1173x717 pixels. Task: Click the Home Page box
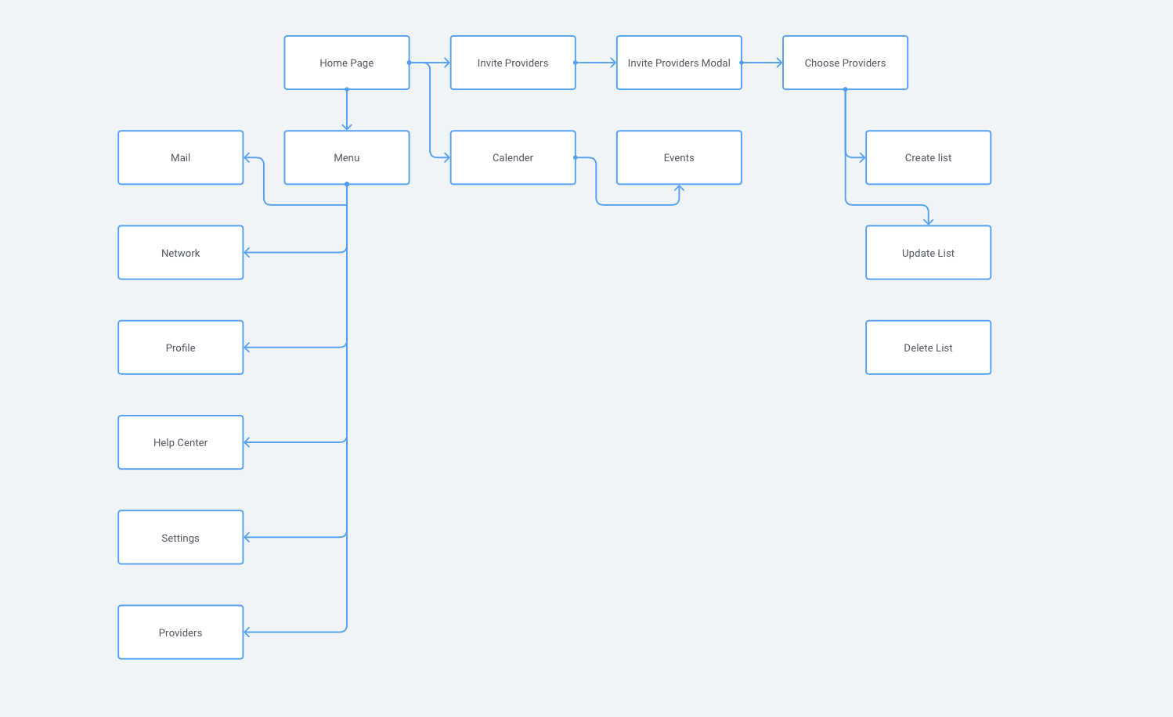[x=346, y=63]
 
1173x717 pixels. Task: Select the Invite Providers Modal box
[x=678, y=63]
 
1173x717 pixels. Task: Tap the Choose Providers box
[x=845, y=63]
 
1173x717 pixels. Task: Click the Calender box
[x=512, y=157]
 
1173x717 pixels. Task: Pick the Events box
[x=678, y=157]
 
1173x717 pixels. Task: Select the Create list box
[x=928, y=157]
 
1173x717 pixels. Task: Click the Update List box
[x=928, y=253]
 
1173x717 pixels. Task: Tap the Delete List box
[x=928, y=348]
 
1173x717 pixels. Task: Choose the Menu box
[x=346, y=157]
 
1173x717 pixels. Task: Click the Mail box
[x=180, y=157]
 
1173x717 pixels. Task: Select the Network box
[x=180, y=253]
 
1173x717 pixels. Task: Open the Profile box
[x=180, y=348]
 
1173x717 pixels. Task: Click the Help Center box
[x=180, y=442]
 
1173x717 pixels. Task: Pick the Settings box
[x=180, y=538]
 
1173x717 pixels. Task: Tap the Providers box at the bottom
[x=180, y=632]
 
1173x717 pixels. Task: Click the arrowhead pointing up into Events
[x=679, y=188]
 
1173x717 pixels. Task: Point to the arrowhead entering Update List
[x=928, y=222]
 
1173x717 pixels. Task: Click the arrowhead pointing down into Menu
[x=346, y=127]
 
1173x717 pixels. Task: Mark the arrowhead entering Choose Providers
[x=779, y=63]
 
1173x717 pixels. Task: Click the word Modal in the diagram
[x=716, y=63]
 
